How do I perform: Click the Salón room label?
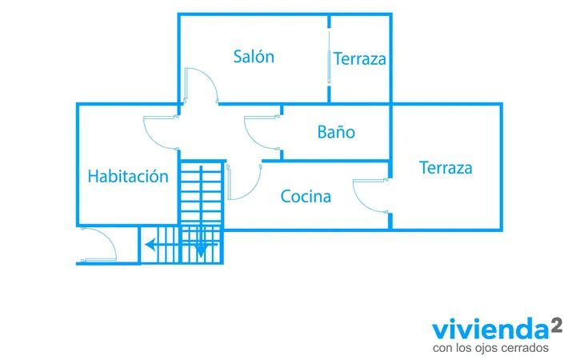(x=254, y=57)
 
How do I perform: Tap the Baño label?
(x=336, y=132)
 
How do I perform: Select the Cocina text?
(x=306, y=196)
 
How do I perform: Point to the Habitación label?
(x=128, y=176)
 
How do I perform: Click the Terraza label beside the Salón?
(x=360, y=58)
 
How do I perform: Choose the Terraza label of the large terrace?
(x=446, y=167)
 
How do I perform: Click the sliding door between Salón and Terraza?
(x=329, y=57)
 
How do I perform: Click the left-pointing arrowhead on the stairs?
(x=150, y=244)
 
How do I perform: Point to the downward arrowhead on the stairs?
(x=201, y=252)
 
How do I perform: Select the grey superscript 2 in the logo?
(x=556, y=325)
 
